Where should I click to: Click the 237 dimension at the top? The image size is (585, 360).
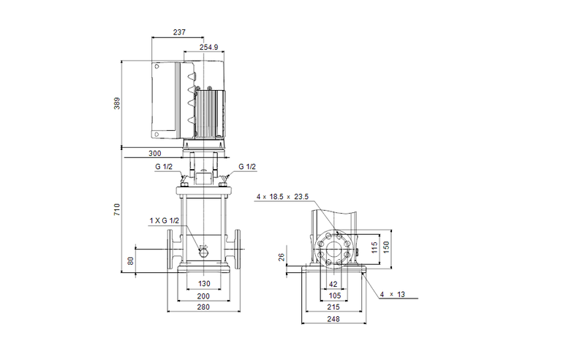pos(180,33)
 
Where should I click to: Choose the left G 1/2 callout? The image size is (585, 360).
pos(164,167)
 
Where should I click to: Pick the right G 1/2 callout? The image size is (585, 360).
pos(247,167)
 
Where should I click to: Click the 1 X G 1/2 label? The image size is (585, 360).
pos(165,220)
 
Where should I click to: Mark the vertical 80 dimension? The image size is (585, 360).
pos(131,261)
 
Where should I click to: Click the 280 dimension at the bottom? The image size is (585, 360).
pos(203,307)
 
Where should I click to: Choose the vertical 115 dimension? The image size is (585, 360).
pos(374,247)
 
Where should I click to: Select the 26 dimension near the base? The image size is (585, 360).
pos(282,257)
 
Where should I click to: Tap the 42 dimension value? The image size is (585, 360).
pos(333,283)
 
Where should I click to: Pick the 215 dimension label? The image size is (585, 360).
pos(333,307)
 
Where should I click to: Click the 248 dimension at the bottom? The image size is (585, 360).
pos(333,320)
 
